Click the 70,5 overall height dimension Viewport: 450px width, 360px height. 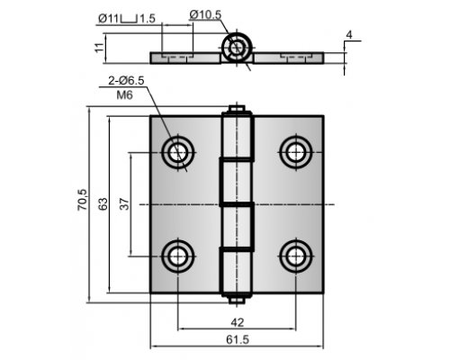coord(83,200)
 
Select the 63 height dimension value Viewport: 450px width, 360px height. coord(103,204)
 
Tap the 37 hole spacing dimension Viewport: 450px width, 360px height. coord(125,204)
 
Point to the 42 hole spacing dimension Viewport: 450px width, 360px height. coord(238,322)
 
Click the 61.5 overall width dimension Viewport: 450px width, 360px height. coord(238,339)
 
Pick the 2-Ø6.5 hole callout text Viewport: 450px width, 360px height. coord(126,81)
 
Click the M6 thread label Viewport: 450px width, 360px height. coord(124,95)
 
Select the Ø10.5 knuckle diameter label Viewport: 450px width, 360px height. coord(205,14)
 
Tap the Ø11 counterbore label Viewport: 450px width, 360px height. coord(109,19)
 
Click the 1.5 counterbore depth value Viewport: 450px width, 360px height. coord(148,19)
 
